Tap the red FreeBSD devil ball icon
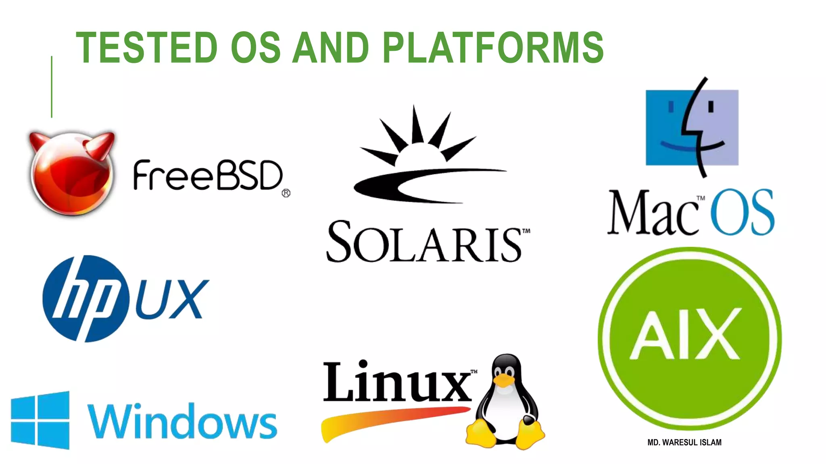(x=72, y=173)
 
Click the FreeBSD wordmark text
(x=207, y=176)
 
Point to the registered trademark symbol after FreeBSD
(x=286, y=193)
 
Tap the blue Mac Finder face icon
(x=692, y=127)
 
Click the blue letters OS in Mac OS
(x=742, y=212)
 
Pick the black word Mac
(x=653, y=213)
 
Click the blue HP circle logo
(x=86, y=298)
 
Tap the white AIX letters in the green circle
(x=686, y=334)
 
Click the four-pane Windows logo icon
(x=40, y=420)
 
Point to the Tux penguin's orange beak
(x=504, y=381)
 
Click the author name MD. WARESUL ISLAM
(x=684, y=442)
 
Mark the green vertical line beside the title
(x=52, y=87)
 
